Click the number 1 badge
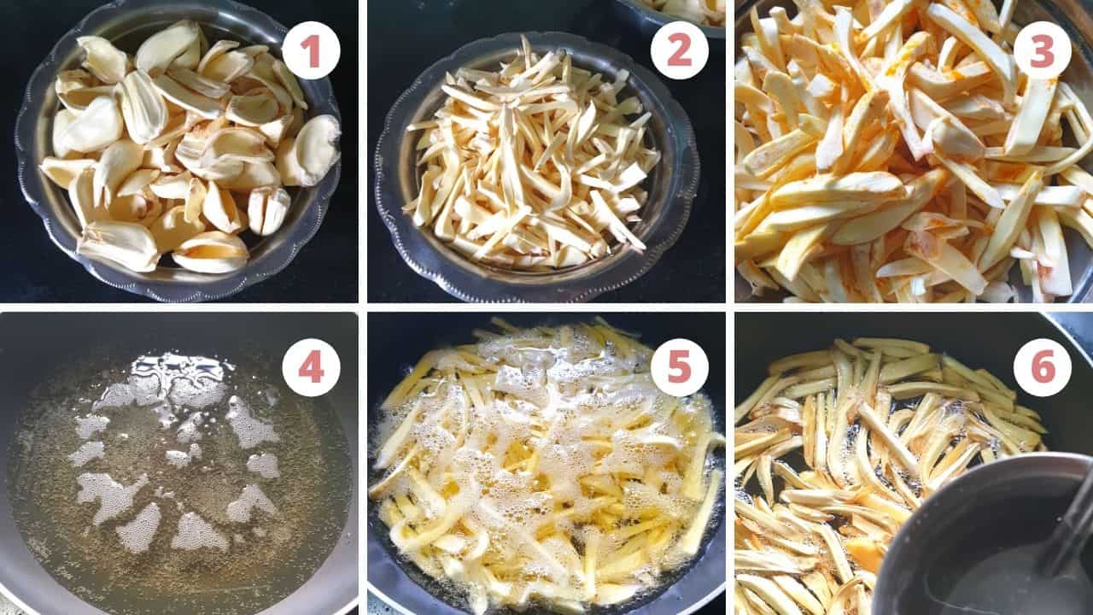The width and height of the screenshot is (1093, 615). click(311, 50)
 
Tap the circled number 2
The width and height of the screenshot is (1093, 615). click(679, 50)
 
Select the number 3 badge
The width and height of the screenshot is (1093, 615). click(1042, 50)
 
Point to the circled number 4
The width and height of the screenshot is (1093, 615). click(311, 366)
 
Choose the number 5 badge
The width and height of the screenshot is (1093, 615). click(679, 366)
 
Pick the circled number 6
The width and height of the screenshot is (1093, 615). click(1042, 366)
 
